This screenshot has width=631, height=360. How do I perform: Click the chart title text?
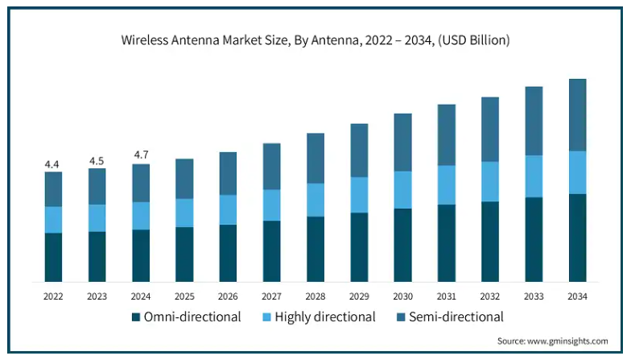click(315, 39)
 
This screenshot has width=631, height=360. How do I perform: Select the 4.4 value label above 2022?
click(52, 164)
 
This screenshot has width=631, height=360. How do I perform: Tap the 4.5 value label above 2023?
click(97, 159)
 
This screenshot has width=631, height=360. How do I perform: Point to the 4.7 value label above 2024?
click(140, 155)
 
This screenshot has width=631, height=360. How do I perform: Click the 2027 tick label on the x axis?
click(272, 296)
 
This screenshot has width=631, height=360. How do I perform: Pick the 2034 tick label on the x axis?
click(577, 296)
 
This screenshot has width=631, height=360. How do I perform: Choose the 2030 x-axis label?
click(402, 296)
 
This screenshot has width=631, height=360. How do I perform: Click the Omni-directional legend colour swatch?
click(136, 317)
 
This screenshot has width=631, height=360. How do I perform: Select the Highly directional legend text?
click(325, 317)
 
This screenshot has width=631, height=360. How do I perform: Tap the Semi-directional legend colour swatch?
click(400, 317)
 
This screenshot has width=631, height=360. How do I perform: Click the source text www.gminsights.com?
click(555, 341)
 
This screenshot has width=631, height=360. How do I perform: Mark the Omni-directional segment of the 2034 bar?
click(577, 238)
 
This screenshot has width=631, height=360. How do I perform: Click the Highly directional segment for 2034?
click(577, 172)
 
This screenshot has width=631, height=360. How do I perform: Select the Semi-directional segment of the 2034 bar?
click(577, 115)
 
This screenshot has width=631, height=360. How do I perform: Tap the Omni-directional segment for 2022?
click(53, 257)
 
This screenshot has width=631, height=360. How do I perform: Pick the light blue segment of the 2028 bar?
click(315, 200)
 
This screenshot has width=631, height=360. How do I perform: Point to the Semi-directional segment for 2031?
click(446, 135)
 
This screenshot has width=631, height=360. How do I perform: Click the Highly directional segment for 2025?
click(184, 213)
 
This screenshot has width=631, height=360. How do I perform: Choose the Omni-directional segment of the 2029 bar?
click(359, 246)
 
